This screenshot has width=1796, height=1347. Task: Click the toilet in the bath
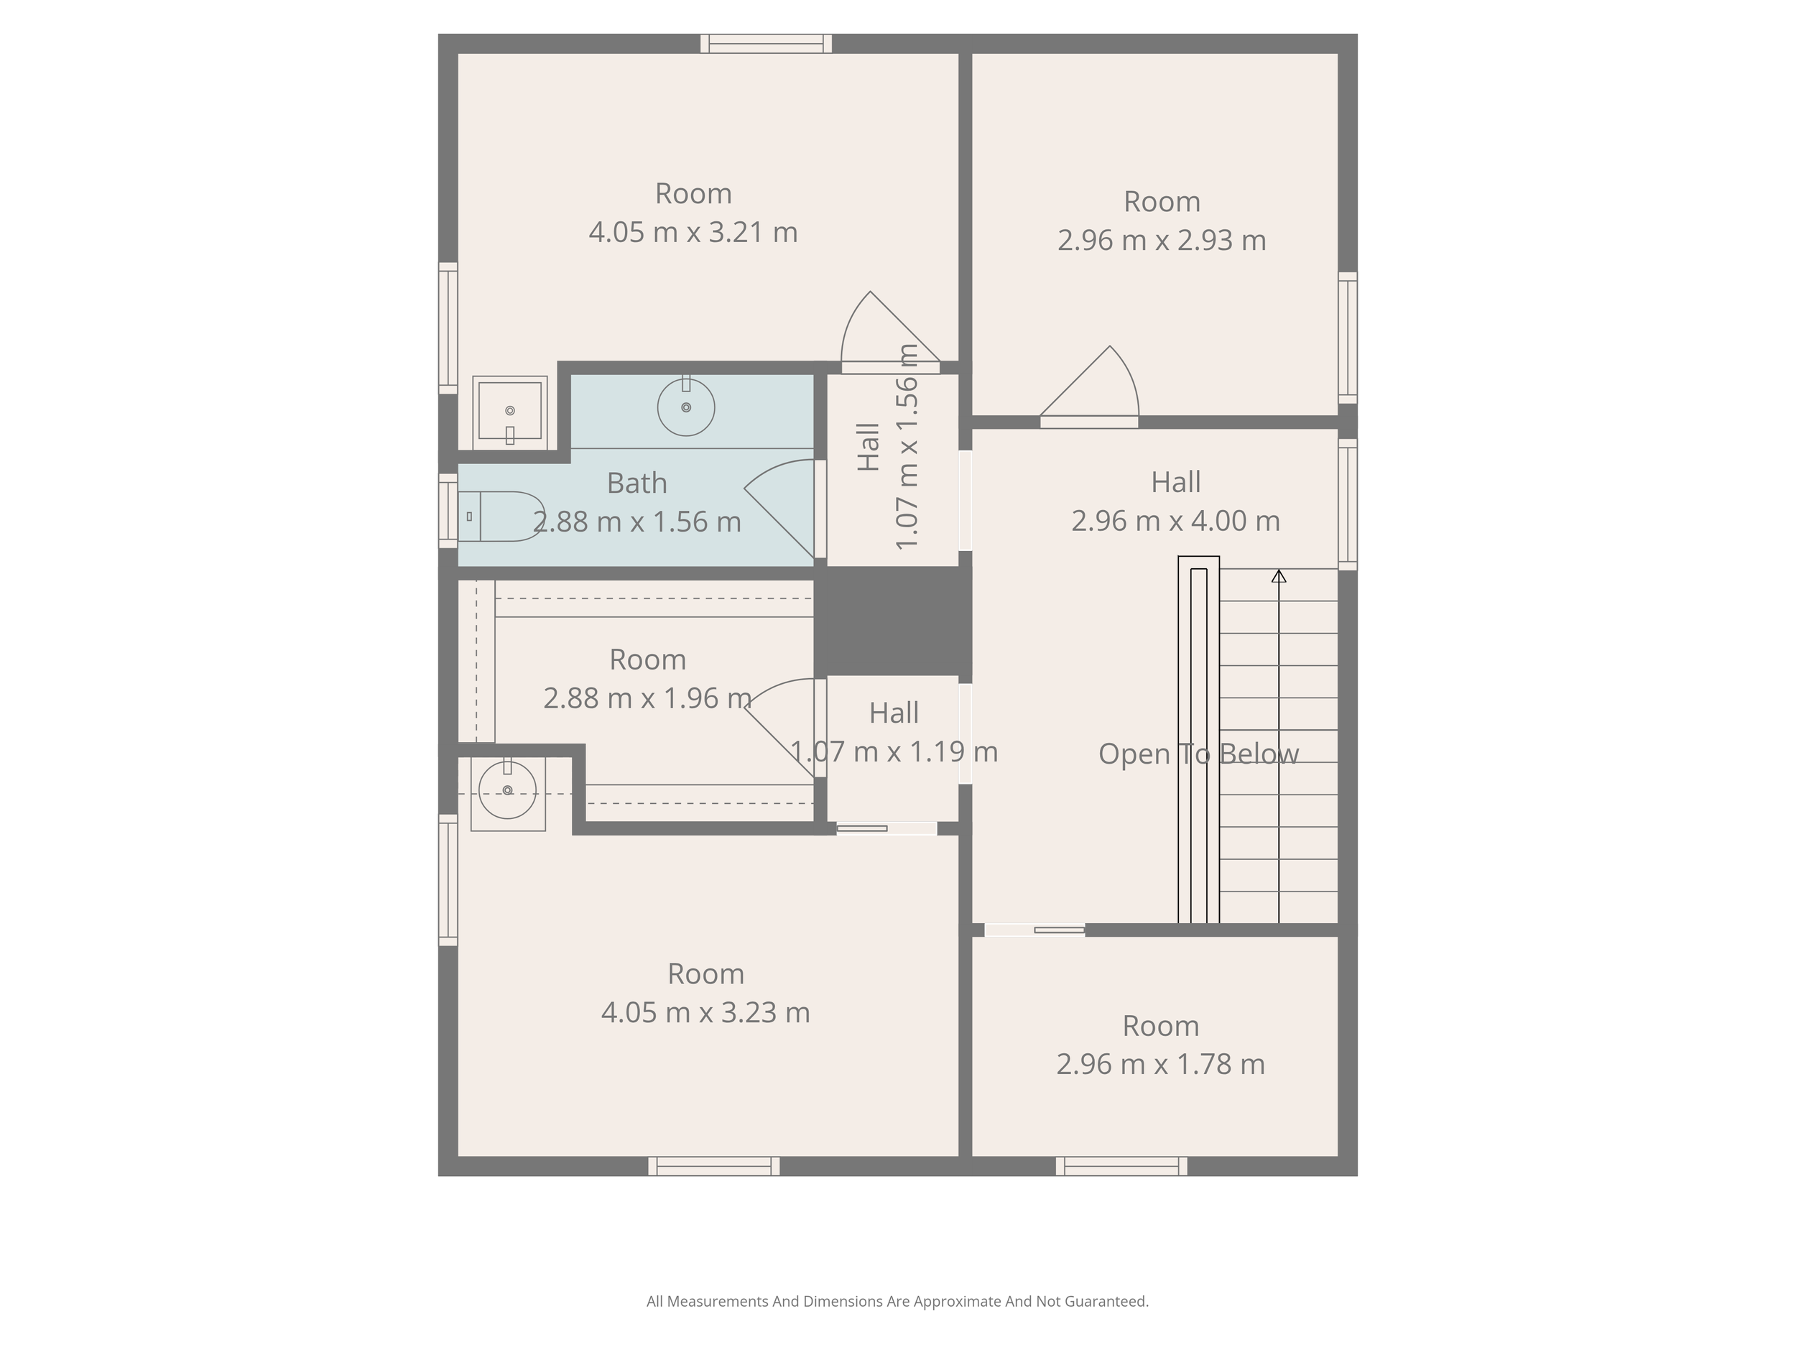500,517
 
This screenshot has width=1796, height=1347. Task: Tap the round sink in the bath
686,406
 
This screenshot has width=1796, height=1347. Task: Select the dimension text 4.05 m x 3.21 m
693,233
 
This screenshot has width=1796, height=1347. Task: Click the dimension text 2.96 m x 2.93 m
1162,241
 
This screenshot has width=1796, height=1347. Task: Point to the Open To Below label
1198,754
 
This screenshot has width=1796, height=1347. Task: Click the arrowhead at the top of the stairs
1279,575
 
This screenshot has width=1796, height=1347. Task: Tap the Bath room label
637,483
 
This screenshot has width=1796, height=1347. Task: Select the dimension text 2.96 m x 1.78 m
1160,1065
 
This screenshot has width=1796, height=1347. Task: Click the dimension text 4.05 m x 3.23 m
705,1012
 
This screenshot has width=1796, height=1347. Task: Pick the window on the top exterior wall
767,44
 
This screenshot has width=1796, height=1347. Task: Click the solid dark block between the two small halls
893,621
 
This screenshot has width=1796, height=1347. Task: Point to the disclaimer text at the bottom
897,1302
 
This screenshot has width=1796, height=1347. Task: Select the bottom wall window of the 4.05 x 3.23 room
713,1167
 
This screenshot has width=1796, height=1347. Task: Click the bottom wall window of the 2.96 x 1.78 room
1121,1167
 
